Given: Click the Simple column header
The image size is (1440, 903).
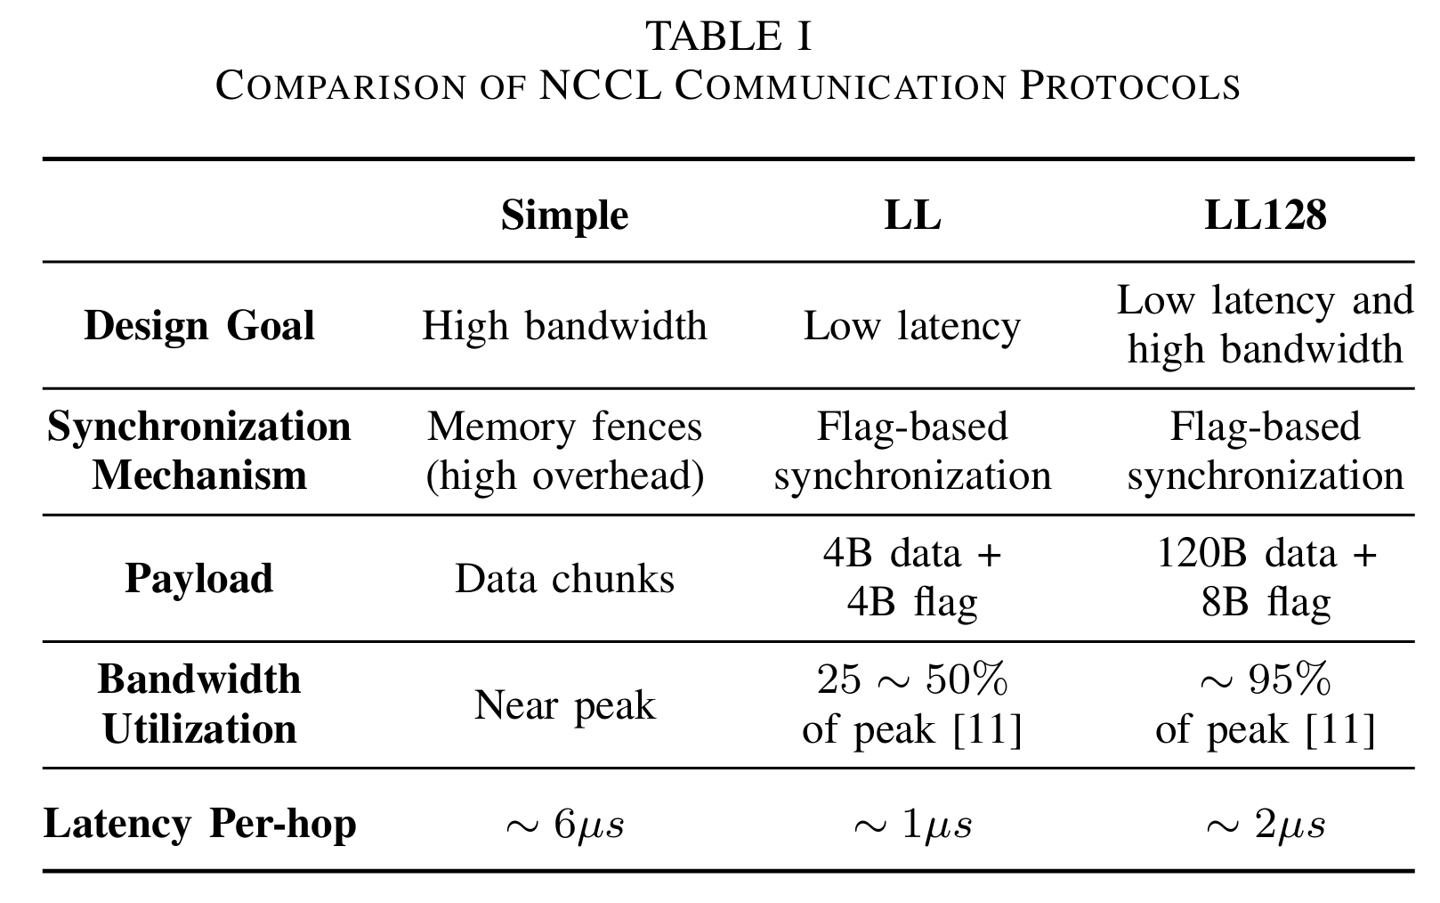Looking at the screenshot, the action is [x=564, y=215].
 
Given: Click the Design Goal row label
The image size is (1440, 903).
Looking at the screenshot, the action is [x=199, y=325].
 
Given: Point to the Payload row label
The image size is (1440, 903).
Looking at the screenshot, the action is [x=199, y=578].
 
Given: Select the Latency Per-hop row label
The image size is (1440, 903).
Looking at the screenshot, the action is [x=199, y=824].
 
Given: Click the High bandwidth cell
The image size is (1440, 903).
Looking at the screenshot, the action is [x=564, y=325].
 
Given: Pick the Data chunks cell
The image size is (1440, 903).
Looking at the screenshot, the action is [x=564, y=578].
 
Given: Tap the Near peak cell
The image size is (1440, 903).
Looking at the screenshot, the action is [x=564, y=705].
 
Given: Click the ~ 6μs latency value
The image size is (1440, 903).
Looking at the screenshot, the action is [x=564, y=826].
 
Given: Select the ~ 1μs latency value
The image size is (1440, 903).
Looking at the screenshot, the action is [x=912, y=826].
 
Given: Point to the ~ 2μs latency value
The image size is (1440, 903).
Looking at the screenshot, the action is [x=1266, y=826].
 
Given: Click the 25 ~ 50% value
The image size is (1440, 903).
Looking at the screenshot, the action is [x=912, y=679].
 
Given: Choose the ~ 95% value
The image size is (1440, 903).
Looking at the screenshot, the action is [x=1266, y=679].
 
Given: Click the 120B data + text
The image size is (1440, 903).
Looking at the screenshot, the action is [x=1266, y=553].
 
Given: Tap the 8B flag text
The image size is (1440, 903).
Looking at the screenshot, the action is [x=1266, y=603].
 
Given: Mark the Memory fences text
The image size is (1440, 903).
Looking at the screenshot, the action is [x=564, y=427].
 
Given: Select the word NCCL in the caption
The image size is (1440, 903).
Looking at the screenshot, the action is [x=601, y=85].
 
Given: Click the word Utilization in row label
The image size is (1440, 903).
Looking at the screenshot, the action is [x=199, y=729].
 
